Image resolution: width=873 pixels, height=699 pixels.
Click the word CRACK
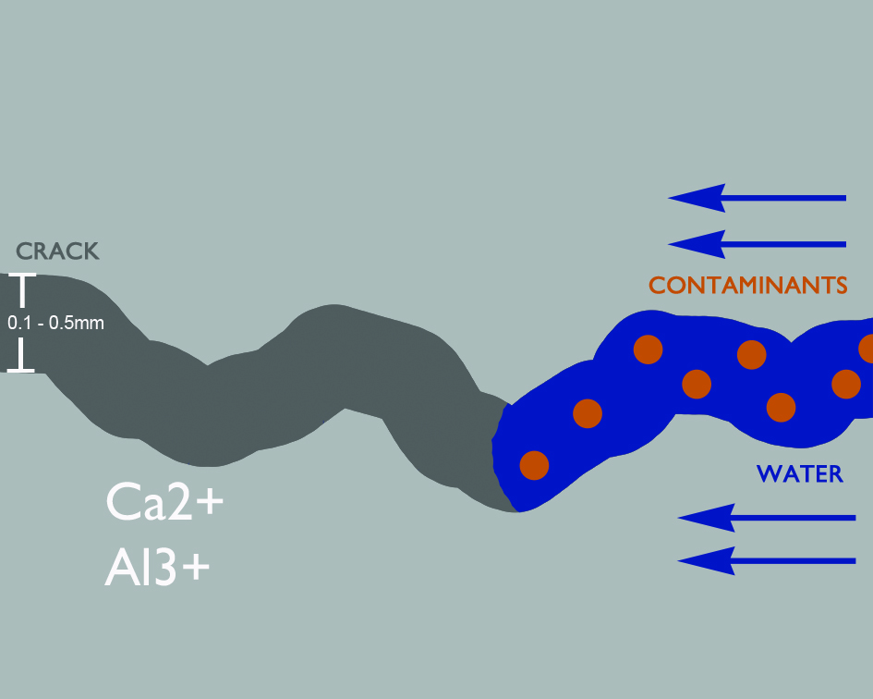(57, 251)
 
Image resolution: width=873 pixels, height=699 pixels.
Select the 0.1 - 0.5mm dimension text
(55, 324)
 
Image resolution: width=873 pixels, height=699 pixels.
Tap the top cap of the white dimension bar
(21, 276)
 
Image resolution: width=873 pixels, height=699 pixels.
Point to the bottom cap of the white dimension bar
(21, 370)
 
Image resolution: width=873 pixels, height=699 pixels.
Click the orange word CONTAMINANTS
(748, 285)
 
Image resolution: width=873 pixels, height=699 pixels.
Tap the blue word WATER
(800, 474)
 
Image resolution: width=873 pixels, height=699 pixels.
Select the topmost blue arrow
(757, 197)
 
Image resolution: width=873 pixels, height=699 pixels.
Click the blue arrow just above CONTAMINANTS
(757, 244)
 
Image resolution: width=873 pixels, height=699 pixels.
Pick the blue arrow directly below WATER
(767, 518)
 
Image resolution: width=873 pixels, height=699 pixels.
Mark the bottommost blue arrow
(767, 560)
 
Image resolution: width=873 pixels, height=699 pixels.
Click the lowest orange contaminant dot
(534, 465)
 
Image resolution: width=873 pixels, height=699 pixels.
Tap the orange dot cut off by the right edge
(867, 349)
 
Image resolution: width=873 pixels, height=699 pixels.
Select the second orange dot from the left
(588, 413)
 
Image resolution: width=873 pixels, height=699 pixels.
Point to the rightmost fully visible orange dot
(846, 383)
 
